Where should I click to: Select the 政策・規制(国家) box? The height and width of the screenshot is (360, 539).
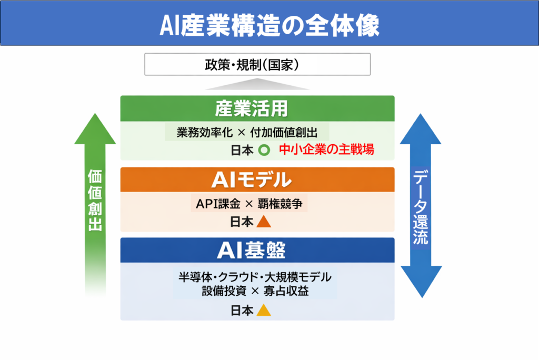[257, 65]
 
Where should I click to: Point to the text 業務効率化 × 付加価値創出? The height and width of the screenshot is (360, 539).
[246, 132]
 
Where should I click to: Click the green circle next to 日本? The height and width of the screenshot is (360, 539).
[264, 149]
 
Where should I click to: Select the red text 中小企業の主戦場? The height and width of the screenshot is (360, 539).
[326, 149]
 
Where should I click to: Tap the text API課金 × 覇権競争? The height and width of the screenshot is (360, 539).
[249, 204]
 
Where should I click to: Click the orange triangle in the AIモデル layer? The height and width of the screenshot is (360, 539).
[264, 222]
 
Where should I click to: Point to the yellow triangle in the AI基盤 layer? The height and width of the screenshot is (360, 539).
[264, 311]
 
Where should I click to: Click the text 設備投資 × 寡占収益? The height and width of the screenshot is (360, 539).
[255, 290]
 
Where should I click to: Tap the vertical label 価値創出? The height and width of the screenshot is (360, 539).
[95, 200]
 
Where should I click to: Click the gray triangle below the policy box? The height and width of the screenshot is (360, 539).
[257, 84]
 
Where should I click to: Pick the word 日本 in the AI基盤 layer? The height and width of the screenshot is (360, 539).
[242, 311]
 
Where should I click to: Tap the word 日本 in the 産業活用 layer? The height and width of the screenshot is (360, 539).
[242, 149]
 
